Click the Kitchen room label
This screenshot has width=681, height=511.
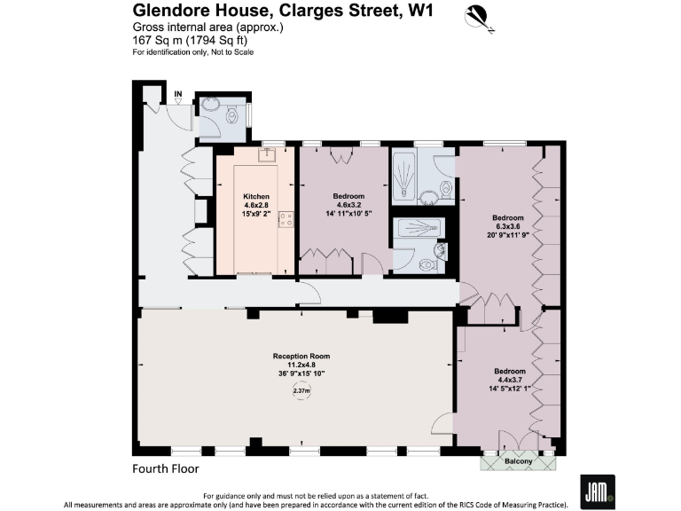coord(256,196)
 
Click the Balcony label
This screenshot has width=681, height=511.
coord(520,461)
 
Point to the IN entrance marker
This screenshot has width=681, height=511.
coord(178,94)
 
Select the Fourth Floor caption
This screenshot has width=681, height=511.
coord(166,468)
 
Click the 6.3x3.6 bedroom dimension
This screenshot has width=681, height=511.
coord(508,226)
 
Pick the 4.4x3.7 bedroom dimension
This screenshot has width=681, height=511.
coord(510,380)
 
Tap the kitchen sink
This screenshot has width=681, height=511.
coord(265,154)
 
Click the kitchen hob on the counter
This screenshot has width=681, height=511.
coord(286,218)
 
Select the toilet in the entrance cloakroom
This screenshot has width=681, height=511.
coord(232,115)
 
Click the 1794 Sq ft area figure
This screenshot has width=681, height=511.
coord(218,40)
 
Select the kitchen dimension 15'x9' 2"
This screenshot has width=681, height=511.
coord(256,214)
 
